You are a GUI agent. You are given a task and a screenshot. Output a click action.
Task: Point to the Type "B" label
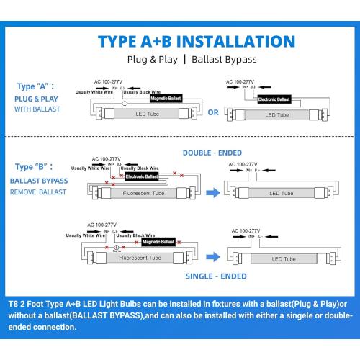(x=34, y=167)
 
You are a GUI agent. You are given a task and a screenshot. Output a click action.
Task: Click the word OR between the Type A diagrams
(x=213, y=112)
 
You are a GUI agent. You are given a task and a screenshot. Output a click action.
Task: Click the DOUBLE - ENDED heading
(x=212, y=153)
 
